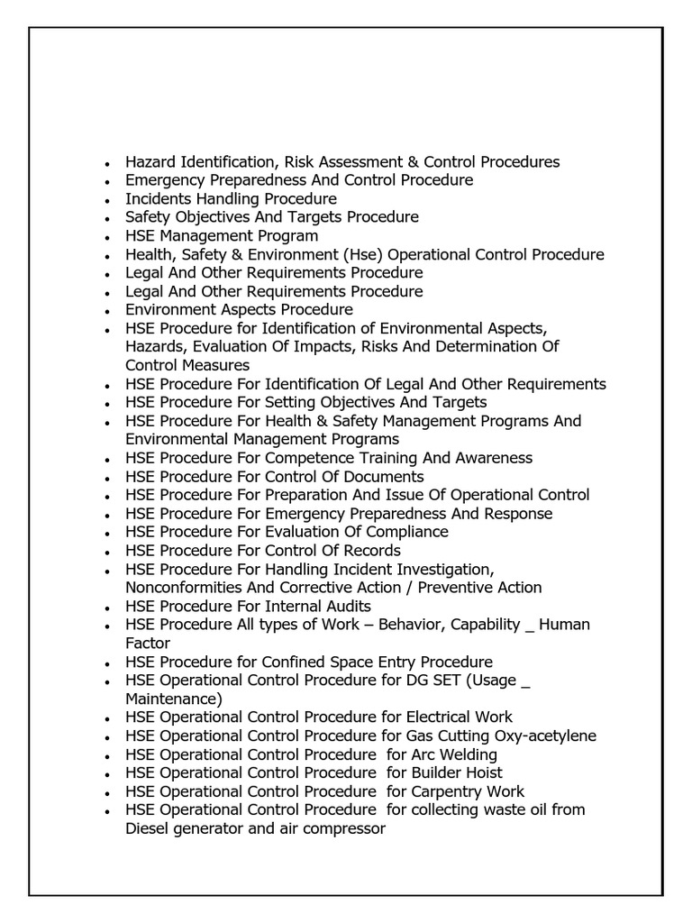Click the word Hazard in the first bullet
coord(150,162)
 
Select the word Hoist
coord(483,772)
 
